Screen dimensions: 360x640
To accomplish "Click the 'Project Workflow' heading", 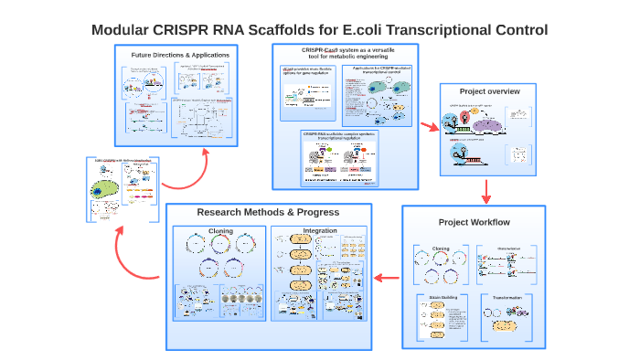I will (x=474, y=223).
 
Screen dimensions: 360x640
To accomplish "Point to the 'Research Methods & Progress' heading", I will (x=268, y=212).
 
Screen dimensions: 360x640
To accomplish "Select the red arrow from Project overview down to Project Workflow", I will (x=486, y=190).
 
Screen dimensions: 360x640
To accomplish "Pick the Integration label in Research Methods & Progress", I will (x=320, y=230).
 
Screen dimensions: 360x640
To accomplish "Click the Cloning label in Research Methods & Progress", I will (x=220, y=230).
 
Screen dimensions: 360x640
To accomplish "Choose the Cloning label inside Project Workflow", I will (x=441, y=248).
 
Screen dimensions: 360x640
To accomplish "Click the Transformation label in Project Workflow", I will (x=507, y=298).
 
